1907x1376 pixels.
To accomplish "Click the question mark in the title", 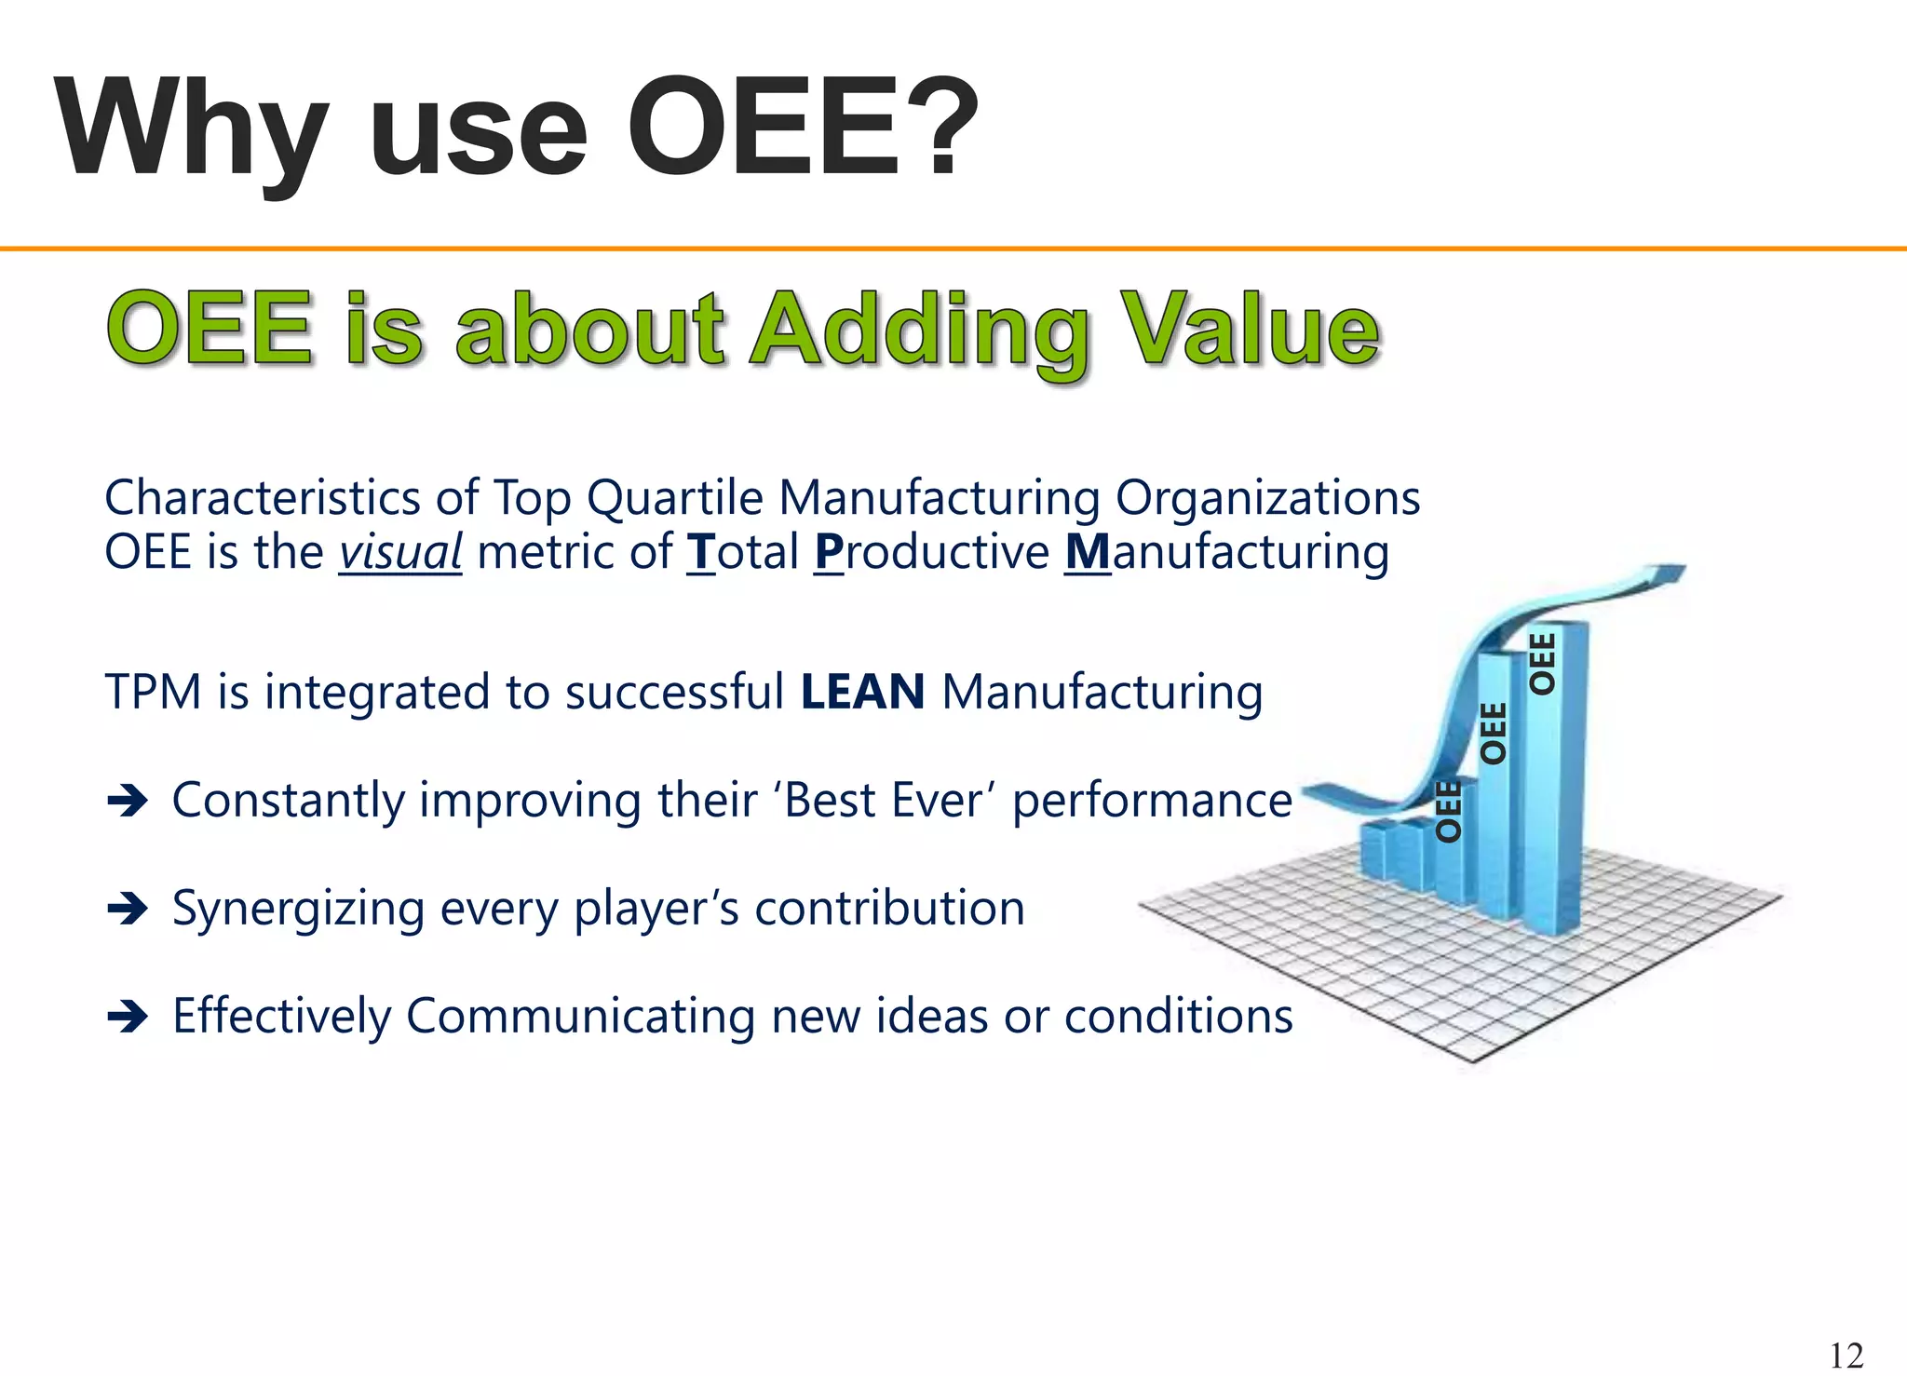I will (x=942, y=128).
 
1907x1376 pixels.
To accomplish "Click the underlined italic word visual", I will (x=399, y=552).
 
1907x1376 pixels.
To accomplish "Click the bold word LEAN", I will (x=862, y=692).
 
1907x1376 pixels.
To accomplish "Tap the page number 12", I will (x=1846, y=1355).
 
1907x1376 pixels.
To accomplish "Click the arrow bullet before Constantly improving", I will (x=128, y=800).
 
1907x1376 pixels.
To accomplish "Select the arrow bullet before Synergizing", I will (x=128, y=908).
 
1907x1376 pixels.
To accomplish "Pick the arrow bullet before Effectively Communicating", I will (x=128, y=1016).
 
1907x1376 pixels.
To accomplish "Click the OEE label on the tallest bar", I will (x=1543, y=663).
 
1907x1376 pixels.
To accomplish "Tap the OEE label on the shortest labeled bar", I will (x=1448, y=812).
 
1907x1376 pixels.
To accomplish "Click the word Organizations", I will (x=1267, y=497).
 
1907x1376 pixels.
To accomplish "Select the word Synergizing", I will (x=298, y=909).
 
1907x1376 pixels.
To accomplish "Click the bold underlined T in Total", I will (x=701, y=552).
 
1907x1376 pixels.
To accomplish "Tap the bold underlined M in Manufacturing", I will (x=1088, y=552).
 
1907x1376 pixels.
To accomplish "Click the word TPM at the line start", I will (x=153, y=692).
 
